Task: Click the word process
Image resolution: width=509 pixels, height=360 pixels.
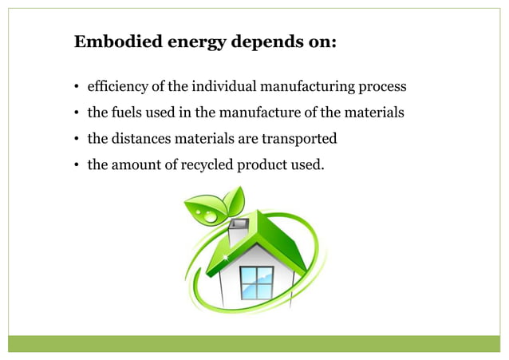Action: tap(381, 86)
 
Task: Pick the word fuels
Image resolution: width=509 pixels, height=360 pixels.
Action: tap(127, 113)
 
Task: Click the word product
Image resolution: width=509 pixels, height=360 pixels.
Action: tap(266, 164)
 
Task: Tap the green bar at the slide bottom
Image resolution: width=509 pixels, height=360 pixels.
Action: tap(254, 344)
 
